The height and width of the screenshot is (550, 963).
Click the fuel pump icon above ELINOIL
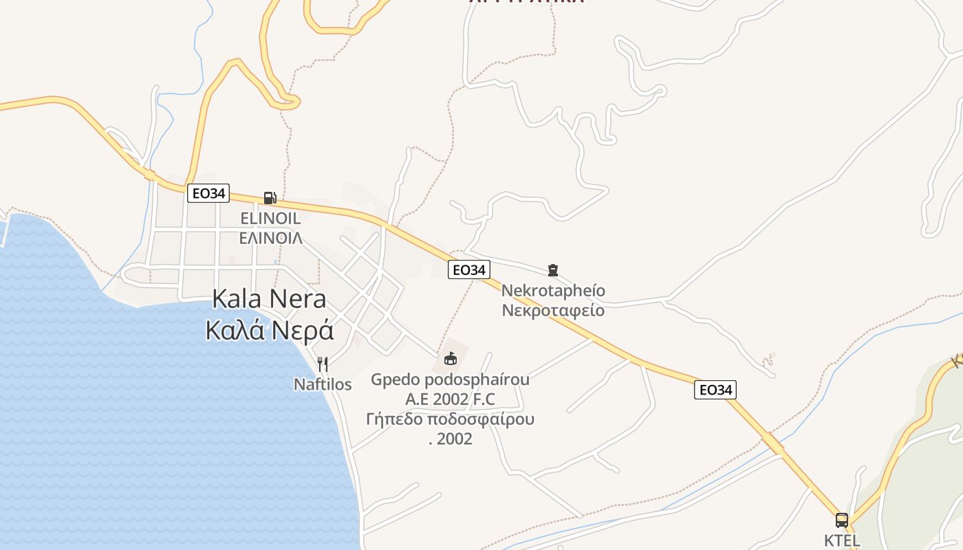coord(270,198)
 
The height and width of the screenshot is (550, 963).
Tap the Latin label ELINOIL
coord(270,219)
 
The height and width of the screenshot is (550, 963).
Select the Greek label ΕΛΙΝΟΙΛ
coord(270,238)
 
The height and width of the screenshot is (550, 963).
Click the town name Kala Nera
coord(270,299)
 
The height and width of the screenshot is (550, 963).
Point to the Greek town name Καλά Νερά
coord(270,331)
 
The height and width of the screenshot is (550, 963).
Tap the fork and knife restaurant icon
coord(322,364)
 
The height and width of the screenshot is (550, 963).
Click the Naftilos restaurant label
coord(323,384)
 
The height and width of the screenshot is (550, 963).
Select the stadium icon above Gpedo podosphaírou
coord(451,358)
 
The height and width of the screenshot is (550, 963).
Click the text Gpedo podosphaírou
coord(450,379)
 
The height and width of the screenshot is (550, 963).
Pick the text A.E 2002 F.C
coord(450,399)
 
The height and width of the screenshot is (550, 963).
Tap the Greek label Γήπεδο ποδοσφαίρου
coord(451,419)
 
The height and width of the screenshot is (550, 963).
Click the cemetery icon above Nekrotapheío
coord(552,269)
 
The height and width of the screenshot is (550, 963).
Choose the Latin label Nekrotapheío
coord(553,290)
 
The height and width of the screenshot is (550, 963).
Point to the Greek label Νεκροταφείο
coord(553,310)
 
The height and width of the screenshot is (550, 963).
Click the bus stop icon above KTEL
coord(841,520)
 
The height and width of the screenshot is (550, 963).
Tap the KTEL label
coord(842,540)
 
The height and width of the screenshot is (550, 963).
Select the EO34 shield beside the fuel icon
coord(208,193)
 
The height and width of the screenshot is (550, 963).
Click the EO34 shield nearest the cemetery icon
coord(469,270)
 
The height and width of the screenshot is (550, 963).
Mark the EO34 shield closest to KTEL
coord(715,390)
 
